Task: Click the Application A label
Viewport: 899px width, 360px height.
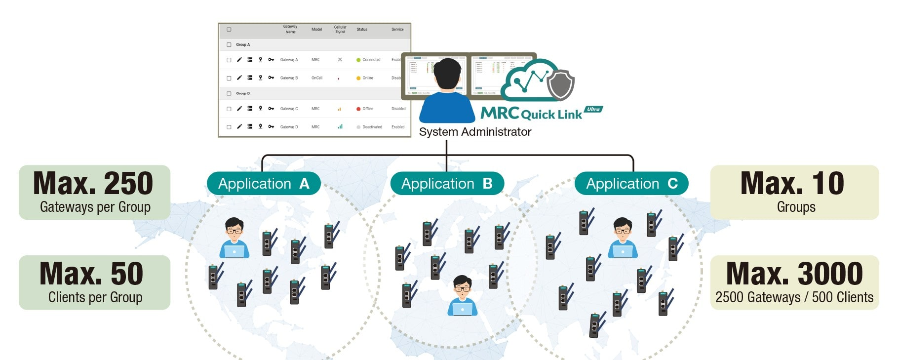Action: click(x=264, y=184)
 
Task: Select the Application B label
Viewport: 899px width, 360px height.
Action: click(x=447, y=184)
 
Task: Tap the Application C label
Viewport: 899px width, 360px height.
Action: click(x=631, y=184)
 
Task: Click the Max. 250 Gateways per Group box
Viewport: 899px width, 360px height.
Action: click(x=94, y=193)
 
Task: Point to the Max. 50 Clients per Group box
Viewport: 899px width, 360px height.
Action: click(x=94, y=282)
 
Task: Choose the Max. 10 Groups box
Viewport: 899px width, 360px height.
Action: click(x=794, y=193)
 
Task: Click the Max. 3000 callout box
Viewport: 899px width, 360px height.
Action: click(x=794, y=282)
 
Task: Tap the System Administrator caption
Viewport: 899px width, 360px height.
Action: click(x=475, y=132)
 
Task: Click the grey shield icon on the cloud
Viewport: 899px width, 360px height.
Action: click(x=560, y=84)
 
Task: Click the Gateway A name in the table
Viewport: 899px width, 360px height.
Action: click(x=289, y=60)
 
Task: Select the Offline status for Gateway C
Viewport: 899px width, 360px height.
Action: click(x=368, y=109)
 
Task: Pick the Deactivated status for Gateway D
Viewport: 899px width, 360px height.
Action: click(x=372, y=127)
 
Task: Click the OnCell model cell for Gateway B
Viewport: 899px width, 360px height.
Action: click(x=317, y=78)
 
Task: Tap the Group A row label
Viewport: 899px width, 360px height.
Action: click(x=243, y=44)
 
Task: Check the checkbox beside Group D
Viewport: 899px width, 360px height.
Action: click(x=229, y=93)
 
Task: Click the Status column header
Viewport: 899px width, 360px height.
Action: click(x=362, y=30)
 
